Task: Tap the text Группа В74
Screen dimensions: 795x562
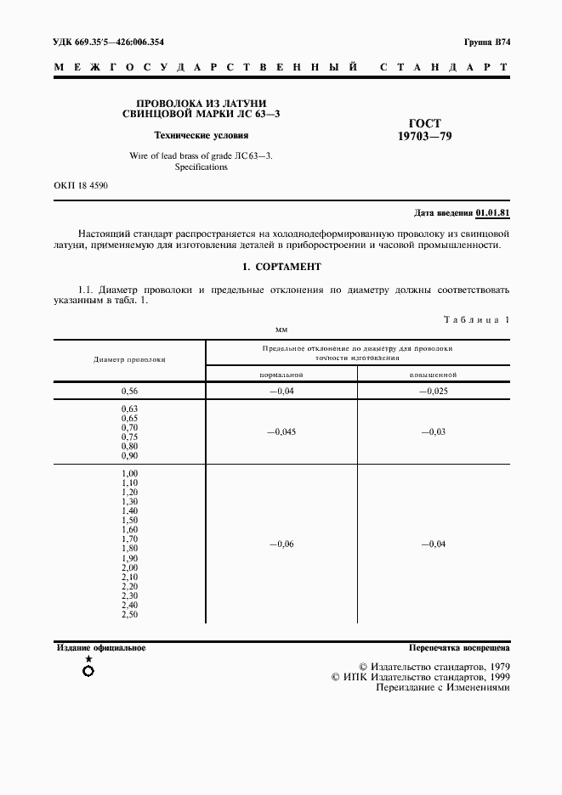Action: point(487,42)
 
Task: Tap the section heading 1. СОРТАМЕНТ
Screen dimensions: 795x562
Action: point(281,267)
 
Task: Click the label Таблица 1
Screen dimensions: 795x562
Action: point(476,320)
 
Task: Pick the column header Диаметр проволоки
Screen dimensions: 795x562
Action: point(129,359)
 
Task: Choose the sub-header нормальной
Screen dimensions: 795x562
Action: point(281,374)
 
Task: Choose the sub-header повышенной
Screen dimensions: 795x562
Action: point(434,374)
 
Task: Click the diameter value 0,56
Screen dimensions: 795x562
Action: point(129,391)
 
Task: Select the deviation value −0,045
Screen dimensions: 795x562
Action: point(281,431)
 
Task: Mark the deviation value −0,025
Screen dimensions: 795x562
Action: point(434,391)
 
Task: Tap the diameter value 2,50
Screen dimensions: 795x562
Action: point(129,614)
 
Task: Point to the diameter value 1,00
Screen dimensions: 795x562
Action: point(129,473)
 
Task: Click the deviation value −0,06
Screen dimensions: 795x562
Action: point(281,544)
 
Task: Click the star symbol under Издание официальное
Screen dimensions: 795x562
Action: point(88,659)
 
